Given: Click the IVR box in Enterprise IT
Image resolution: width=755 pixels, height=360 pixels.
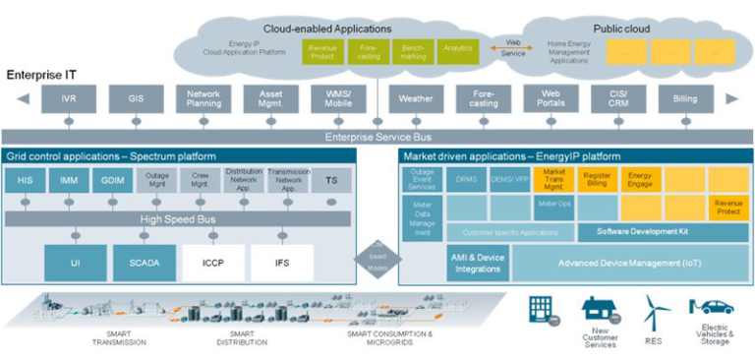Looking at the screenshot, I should [68, 99].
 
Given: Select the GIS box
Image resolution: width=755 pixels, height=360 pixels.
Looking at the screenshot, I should [136, 99].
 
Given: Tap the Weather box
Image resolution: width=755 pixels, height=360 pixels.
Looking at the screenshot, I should [416, 99].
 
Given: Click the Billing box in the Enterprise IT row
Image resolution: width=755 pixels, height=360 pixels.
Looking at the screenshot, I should [684, 99].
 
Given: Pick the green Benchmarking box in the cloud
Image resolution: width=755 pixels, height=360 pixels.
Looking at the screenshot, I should [414, 51].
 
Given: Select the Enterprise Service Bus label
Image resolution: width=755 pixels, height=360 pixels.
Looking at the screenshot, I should [377, 136].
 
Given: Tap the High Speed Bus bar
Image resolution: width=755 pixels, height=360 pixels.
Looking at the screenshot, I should [178, 218].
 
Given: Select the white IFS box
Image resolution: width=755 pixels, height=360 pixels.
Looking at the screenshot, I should [281, 263].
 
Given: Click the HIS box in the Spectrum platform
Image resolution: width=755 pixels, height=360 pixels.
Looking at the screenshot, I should [25, 181].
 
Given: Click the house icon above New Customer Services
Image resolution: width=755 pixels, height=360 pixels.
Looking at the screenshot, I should [597, 312].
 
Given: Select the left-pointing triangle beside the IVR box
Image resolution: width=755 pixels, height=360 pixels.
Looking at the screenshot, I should [22, 99].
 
